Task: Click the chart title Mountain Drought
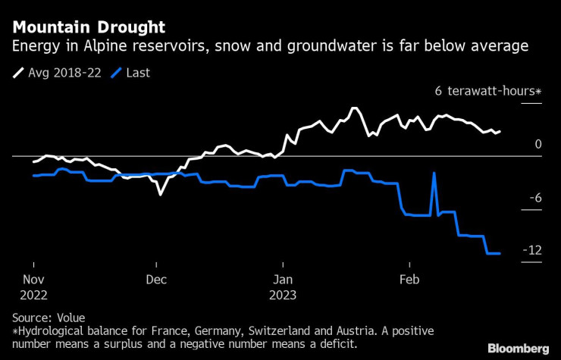(x=89, y=28)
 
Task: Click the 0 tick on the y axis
(x=537, y=144)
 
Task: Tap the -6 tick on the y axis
(x=534, y=198)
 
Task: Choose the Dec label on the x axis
(x=156, y=279)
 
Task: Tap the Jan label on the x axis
(x=282, y=279)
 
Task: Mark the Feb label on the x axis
(x=409, y=279)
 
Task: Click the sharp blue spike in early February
(x=434, y=174)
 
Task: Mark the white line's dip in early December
(x=160, y=195)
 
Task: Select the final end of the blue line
(x=500, y=253)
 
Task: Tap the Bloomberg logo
(x=518, y=349)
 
